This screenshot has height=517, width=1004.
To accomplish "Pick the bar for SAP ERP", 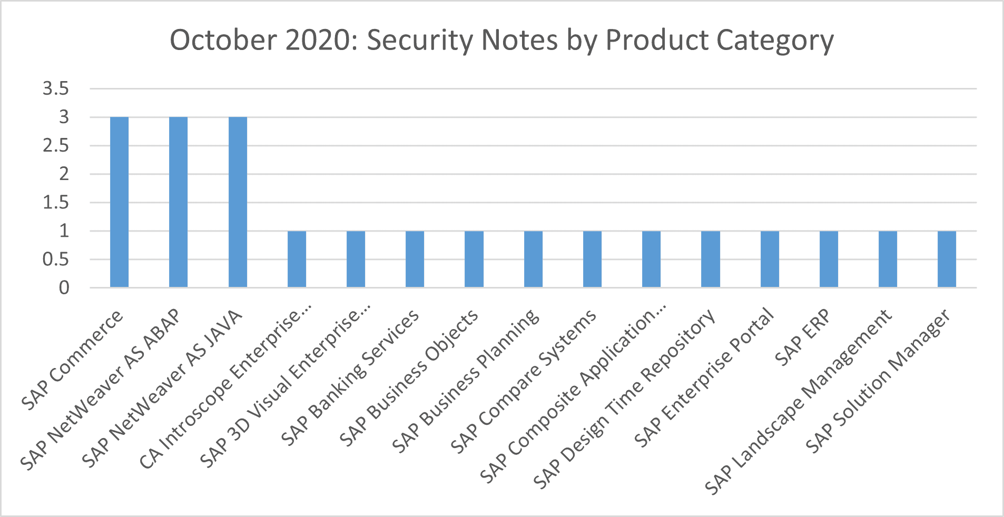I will coord(829,259).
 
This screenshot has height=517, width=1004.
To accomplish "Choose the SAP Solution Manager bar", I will coord(947,259).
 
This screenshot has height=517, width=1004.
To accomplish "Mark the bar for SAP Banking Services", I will coord(415,259).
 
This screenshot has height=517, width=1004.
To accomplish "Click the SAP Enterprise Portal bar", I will coord(770,259).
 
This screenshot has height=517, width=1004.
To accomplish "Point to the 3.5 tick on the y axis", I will coord(56,88).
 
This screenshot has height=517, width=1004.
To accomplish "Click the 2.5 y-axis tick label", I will coord(56,145).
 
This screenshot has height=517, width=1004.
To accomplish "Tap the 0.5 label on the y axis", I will coord(56,259).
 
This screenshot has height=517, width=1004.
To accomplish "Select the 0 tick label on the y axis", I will coord(64,287).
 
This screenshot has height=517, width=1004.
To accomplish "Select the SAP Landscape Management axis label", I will coord(798,403).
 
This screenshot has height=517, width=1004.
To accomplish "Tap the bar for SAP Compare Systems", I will coord(592,259).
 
